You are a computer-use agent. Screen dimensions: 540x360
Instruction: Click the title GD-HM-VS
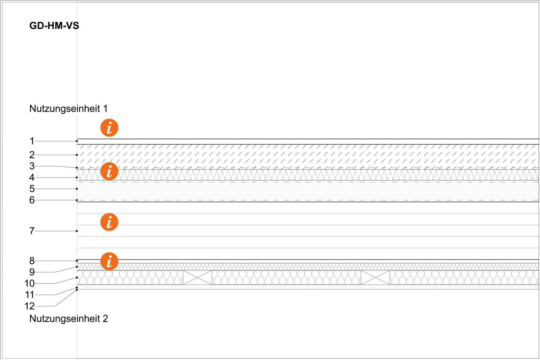[x=54, y=26]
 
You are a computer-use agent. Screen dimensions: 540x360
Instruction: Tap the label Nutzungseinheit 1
[x=69, y=109]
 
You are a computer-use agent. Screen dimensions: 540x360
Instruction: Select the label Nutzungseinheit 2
[x=69, y=319]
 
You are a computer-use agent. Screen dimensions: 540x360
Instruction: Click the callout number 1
[x=32, y=141]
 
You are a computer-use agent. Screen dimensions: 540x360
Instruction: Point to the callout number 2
[x=32, y=155]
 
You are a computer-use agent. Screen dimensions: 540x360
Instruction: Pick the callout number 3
[x=32, y=166]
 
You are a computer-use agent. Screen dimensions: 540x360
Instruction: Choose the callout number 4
[x=32, y=177]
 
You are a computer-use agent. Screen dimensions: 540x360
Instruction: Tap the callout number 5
[x=32, y=189]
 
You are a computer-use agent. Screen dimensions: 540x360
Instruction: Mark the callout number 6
[x=32, y=200]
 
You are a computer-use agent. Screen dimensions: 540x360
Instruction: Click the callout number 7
[x=32, y=231]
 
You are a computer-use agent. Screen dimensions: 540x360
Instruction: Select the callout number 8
[x=32, y=261]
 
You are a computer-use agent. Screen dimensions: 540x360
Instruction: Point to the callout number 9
[x=32, y=272]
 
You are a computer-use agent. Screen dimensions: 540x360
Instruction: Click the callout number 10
[x=30, y=284]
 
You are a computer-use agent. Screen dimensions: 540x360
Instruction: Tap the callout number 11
[x=30, y=295]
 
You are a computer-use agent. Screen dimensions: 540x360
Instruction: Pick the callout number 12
[x=30, y=306]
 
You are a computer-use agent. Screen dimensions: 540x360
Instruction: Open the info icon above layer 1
[x=109, y=128]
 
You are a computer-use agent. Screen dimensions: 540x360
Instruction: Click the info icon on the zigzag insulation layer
[x=109, y=171]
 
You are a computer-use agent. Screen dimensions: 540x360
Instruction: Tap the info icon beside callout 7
[x=109, y=222]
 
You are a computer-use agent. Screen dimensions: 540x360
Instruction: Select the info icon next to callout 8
[x=109, y=261]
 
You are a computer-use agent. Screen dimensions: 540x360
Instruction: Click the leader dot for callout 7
[x=77, y=231]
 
